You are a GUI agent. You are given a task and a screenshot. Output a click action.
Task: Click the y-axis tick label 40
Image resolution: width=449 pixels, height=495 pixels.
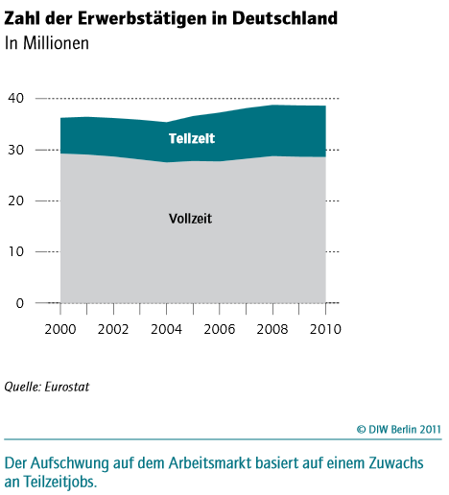pyautogui.click(x=16, y=98)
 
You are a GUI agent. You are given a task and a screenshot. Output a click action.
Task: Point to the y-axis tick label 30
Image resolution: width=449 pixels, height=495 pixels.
pyautogui.click(x=16, y=150)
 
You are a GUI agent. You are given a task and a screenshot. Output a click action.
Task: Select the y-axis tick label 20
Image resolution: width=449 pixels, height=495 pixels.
pyautogui.click(x=16, y=200)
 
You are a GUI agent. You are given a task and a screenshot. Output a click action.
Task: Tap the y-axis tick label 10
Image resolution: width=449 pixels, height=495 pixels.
pyautogui.click(x=16, y=251)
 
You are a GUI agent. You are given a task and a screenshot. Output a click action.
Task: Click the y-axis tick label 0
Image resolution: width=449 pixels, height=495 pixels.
pyautogui.click(x=20, y=303)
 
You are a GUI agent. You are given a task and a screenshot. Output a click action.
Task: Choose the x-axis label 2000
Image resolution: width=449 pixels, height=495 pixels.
pyautogui.click(x=60, y=329)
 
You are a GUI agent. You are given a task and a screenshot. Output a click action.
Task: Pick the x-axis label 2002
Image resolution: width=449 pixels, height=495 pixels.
pyautogui.click(x=113, y=329)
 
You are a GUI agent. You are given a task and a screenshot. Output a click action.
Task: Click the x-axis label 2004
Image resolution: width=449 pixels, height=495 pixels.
pyautogui.click(x=166, y=329)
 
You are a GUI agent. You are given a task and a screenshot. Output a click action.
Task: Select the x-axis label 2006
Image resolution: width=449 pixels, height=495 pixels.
pyautogui.click(x=220, y=329)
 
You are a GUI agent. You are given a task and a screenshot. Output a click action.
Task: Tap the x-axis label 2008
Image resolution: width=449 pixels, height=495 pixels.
pyautogui.click(x=272, y=329)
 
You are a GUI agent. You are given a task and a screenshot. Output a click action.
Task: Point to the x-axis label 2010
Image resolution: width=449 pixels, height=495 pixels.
pyautogui.click(x=325, y=329)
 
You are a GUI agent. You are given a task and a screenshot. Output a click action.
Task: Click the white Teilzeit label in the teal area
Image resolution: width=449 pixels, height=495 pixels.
pyautogui.click(x=192, y=138)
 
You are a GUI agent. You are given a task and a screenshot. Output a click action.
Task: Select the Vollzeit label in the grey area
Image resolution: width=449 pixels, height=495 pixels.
pyautogui.click(x=190, y=219)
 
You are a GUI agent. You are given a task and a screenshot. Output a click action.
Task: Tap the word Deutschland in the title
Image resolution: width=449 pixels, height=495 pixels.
pyautogui.click(x=285, y=18)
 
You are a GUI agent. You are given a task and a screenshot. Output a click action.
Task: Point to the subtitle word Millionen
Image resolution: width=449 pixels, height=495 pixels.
pyautogui.click(x=56, y=43)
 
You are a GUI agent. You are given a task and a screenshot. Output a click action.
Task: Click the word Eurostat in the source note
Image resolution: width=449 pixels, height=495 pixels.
pyautogui.click(x=67, y=387)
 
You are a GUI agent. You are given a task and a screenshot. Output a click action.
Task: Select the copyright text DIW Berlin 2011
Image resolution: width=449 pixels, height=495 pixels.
pyautogui.click(x=405, y=429)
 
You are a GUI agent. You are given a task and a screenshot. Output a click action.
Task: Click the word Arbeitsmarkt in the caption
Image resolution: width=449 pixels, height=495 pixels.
pyautogui.click(x=210, y=463)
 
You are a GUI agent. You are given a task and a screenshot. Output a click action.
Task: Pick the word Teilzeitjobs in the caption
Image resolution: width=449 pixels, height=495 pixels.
pyautogui.click(x=59, y=483)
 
